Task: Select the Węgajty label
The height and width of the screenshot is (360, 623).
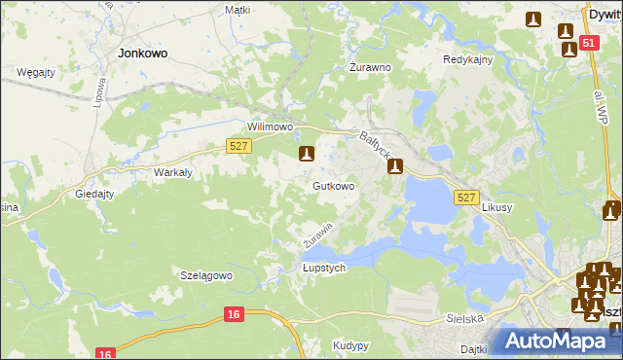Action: [35, 73]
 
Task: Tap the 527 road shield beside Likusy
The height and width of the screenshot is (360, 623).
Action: [466, 198]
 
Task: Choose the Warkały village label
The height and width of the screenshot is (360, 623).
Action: [171, 172]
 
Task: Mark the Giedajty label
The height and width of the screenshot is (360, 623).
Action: [95, 194]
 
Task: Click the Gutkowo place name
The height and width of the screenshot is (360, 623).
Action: [333, 185]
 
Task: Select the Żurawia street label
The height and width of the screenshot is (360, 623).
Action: [318, 233]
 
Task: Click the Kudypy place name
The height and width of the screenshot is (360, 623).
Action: [350, 345]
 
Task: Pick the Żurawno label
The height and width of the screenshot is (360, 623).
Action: [370, 68]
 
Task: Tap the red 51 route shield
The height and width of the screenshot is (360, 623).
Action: [588, 44]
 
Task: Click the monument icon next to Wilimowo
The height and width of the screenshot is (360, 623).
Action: [307, 154]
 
